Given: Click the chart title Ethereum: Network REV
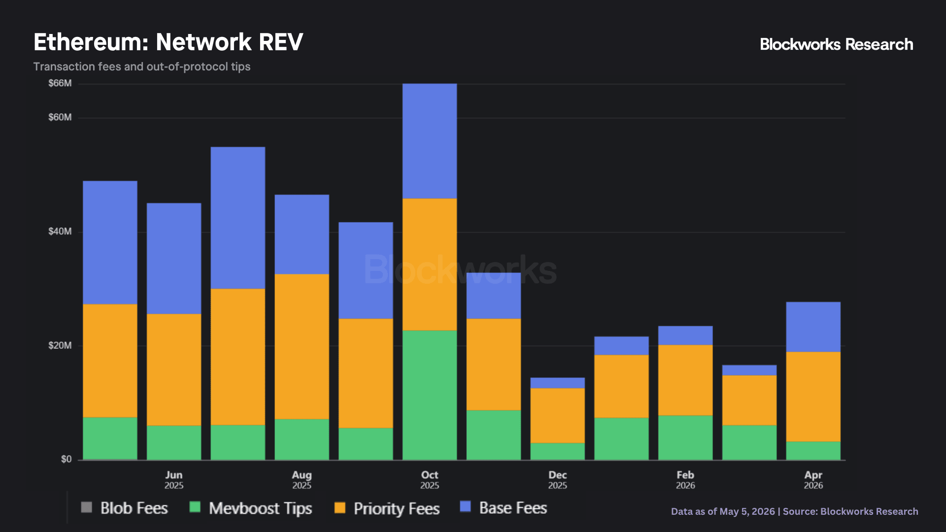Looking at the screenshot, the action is pos(168,42).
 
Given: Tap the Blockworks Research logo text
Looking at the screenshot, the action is pos(836,44).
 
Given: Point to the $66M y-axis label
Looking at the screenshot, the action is pos(60,83).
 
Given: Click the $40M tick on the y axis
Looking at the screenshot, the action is pos(60,232).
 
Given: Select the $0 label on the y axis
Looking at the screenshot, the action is pos(67,459).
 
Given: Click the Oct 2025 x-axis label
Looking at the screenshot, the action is pos(430,480).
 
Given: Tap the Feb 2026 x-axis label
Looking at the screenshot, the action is pos(685,480).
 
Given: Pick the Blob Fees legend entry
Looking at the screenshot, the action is pos(125,508).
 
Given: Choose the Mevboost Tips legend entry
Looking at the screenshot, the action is pos(251,508).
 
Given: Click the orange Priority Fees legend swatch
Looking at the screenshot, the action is pos(340,507).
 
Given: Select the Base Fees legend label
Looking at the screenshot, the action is pos(513,508).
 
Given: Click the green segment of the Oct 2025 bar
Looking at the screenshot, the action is pos(430,395).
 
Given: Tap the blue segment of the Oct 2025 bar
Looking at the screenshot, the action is pos(430,141).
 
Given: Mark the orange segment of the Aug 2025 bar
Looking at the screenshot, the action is pos(302,346).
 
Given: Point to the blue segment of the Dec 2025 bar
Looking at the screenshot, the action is pos(557,383).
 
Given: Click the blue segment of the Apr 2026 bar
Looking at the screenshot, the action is pos(813,327).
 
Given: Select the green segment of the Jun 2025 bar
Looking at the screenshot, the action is pos(174,443).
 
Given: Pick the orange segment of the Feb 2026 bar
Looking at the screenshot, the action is pos(685,380).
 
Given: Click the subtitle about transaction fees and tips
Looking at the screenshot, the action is pos(142,66).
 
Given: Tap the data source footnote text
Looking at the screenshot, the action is pos(794,511).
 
